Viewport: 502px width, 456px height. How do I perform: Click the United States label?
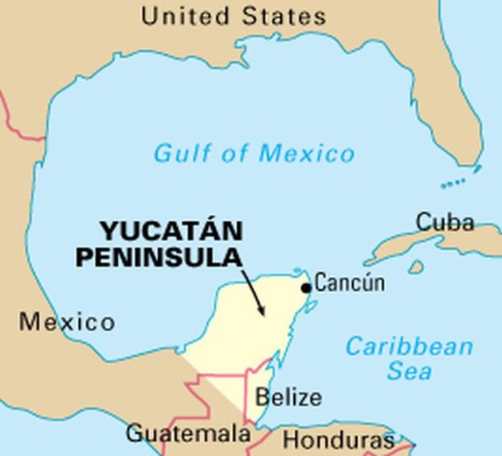[233, 15]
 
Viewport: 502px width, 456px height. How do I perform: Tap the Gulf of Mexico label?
[253, 152]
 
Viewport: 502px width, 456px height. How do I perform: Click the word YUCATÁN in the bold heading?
[171, 232]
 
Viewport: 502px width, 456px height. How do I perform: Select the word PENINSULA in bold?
[170, 256]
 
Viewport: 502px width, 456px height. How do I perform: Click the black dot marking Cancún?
[306, 287]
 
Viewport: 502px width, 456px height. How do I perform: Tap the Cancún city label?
[350, 283]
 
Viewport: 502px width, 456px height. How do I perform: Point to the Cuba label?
[445, 222]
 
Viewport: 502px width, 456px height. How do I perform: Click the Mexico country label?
[67, 322]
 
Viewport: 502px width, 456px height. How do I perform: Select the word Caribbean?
[410, 347]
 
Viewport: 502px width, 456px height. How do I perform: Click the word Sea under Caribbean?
[410, 371]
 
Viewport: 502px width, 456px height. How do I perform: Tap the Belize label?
[289, 397]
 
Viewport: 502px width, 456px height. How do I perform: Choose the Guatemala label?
[188, 434]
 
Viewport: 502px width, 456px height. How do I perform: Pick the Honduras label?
[338, 440]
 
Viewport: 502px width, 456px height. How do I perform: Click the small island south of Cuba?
[416, 267]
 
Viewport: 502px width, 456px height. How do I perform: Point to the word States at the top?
[281, 15]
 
